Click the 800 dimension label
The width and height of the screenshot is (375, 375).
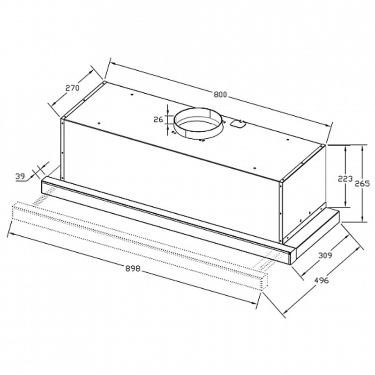click(x=220, y=95)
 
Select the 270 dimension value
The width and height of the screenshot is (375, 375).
click(x=72, y=88)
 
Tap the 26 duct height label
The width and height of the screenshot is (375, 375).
click(x=158, y=120)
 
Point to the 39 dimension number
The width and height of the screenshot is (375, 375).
click(x=20, y=177)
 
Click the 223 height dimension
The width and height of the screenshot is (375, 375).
click(x=345, y=179)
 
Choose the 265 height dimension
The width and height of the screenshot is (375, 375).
click(x=362, y=183)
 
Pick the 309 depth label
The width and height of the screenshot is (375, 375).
click(x=325, y=255)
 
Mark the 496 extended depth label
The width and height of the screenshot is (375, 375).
click(x=322, y=280)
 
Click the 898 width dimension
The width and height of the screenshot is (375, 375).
click(x=133, y=269)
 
